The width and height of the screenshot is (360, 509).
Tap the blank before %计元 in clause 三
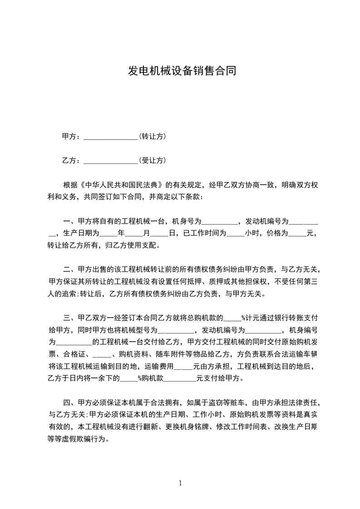click(x=233, y=318)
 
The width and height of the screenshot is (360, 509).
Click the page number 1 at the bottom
click(x=180, y=483)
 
